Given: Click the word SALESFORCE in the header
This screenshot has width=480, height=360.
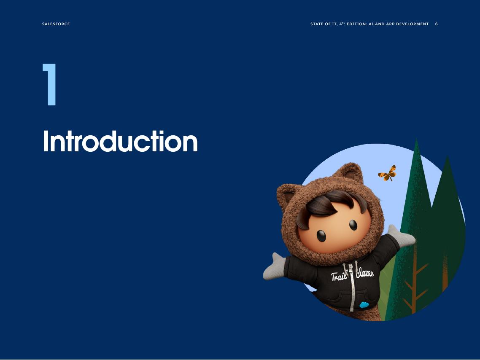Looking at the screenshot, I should (x=56, y=24).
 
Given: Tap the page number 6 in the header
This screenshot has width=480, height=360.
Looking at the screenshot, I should (x=437, y=24).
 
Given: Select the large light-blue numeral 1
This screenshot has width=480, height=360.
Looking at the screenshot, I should (x=50, y=84).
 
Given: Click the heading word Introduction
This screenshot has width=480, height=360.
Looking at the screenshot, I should (x=120, y=142).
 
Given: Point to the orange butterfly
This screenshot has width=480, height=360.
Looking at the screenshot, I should (x=387, y=173).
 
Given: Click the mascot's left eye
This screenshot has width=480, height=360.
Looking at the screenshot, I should (x=321, y=236).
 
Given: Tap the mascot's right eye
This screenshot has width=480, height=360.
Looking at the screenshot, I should (x=353, y=225).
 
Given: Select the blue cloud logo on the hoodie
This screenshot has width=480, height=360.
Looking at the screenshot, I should (x=364, y=304).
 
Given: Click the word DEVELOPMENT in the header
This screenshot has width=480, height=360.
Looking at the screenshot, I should (x=412, y=24).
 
